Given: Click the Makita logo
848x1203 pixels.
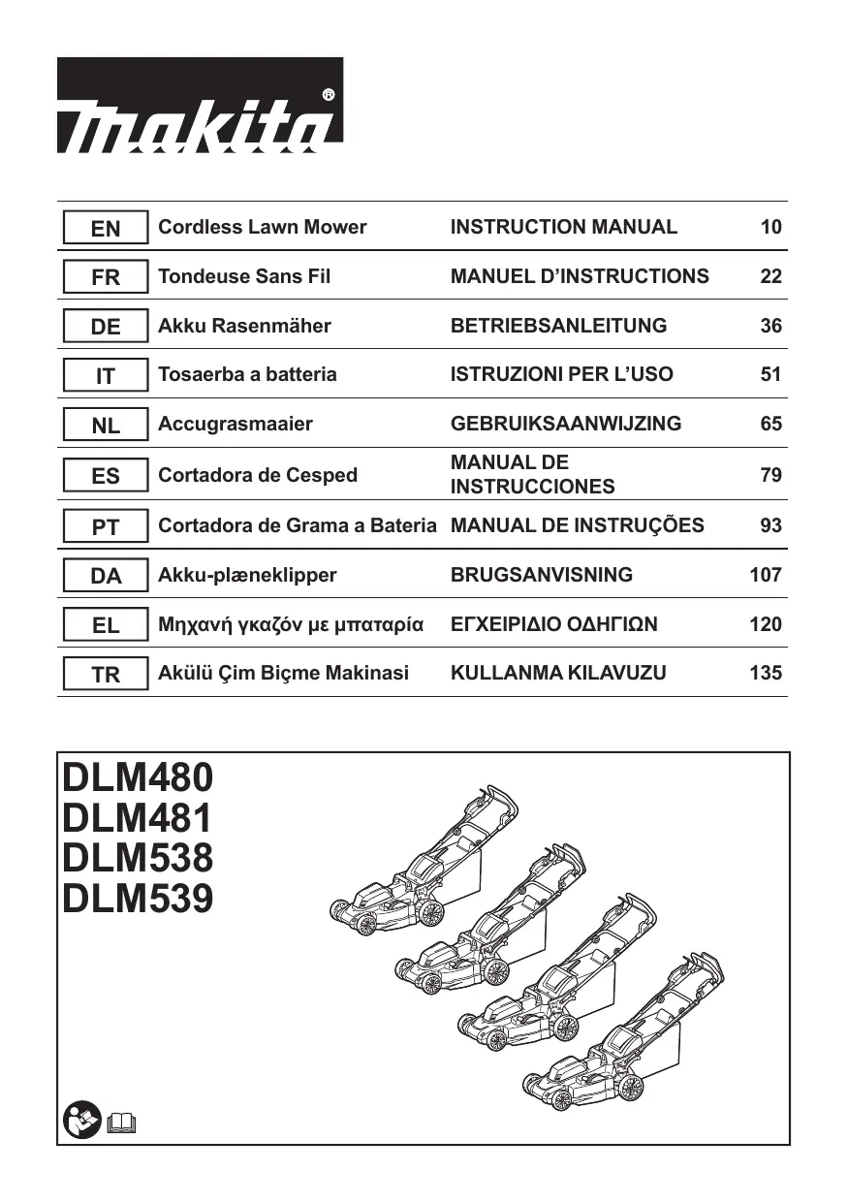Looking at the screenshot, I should click(x=200, y=105).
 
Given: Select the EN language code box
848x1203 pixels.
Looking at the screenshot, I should click(x=106, y=229).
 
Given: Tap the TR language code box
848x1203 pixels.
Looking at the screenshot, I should click(x=106, y=675).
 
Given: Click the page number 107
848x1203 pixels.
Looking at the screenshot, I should click(x=765, y=575).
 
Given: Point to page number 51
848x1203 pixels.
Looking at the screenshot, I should click(x=770, y=374).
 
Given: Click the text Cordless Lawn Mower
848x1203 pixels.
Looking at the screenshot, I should click(x=262, y=228).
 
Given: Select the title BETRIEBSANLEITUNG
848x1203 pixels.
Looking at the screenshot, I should click(x=558, y=326).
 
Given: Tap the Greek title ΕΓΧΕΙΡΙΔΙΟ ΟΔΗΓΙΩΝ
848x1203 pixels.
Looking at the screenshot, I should click(x=553, y=624).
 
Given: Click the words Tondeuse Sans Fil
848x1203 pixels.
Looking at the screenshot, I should click(x=243, y=277).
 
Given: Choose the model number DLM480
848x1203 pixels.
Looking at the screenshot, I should click(x=137, y=777).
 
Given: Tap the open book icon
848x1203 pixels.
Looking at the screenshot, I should click(x=123, y=1123).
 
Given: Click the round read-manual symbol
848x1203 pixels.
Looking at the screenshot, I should click(x=81, y=1121).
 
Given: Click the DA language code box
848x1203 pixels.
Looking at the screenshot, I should click(x=106, y=576).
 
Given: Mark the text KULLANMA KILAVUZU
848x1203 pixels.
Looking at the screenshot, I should click(x=558, y=673).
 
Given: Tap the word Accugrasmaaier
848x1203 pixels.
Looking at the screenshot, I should click(x=236, y=424).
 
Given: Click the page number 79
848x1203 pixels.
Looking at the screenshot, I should click(x=770, y=475).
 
